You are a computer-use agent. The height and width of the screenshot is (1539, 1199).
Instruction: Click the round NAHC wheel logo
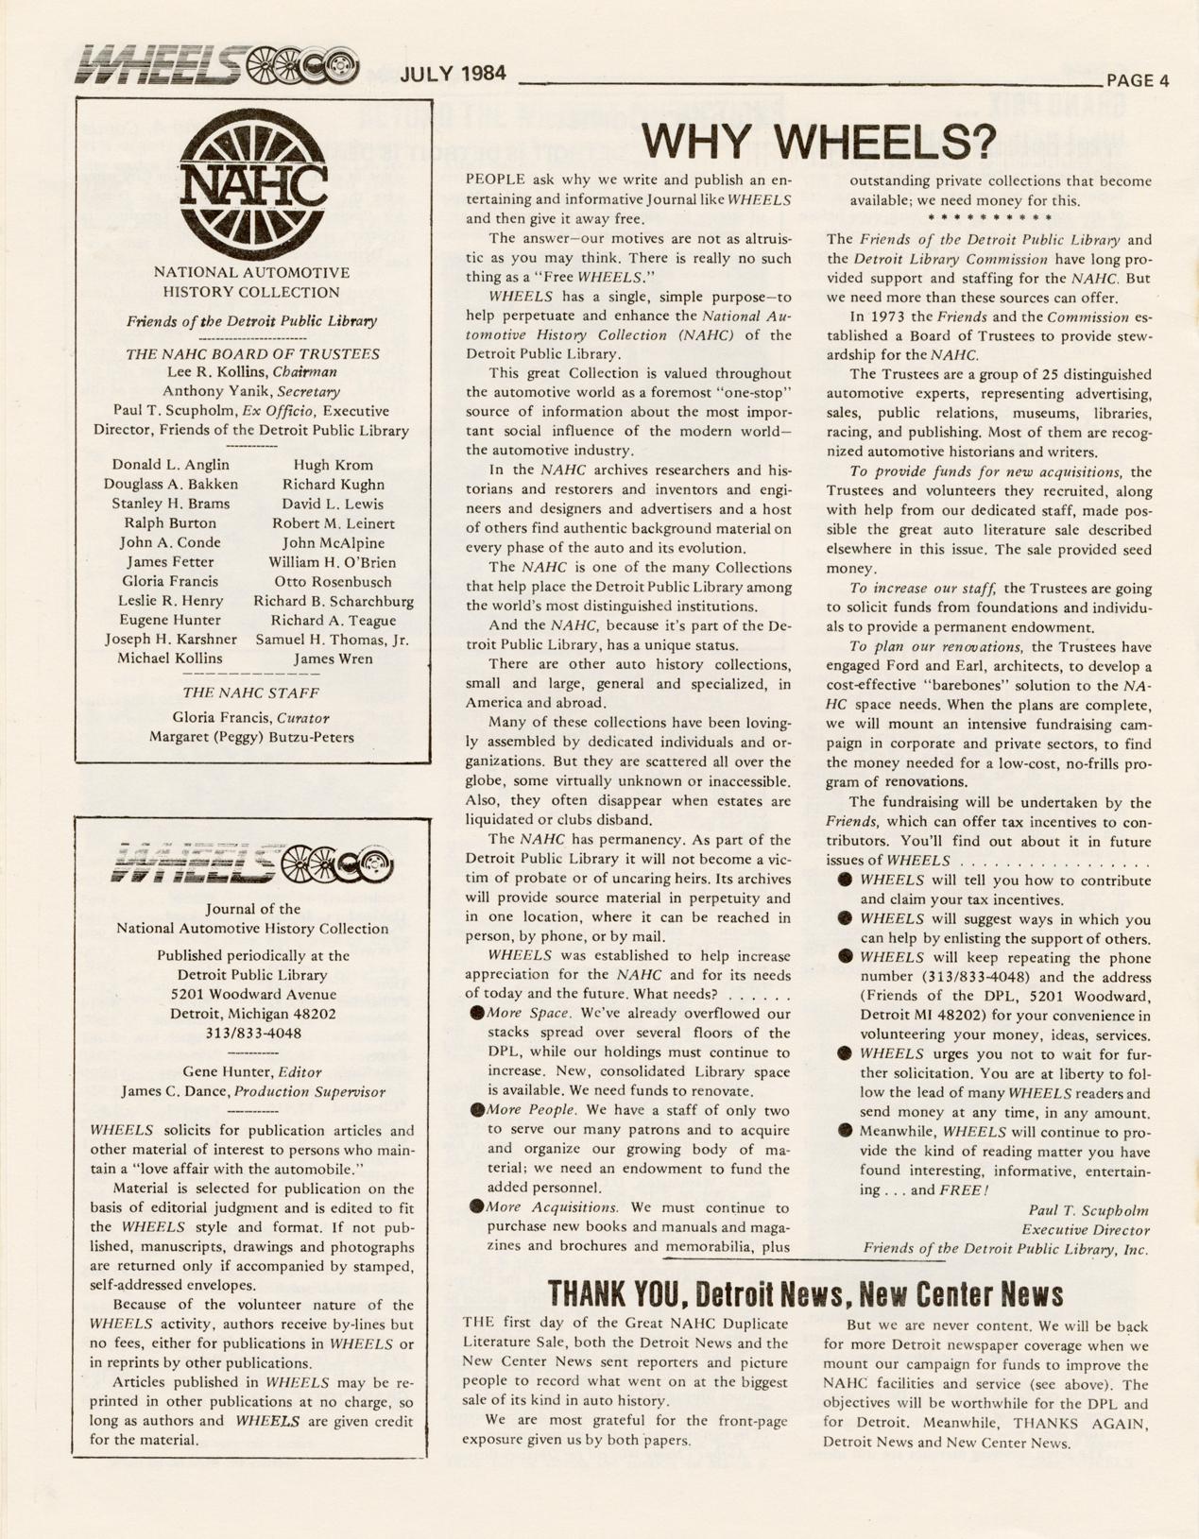coord(252,185)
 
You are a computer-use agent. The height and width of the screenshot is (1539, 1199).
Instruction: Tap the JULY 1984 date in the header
coord(453,74)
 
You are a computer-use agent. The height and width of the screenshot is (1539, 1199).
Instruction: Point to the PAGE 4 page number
coord(1138,80)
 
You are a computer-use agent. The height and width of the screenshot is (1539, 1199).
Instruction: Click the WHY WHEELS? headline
coord(818,142)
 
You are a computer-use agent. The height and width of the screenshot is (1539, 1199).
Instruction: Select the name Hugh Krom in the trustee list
coord(333,465)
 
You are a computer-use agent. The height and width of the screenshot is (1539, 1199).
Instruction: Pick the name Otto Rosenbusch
coord(333,581)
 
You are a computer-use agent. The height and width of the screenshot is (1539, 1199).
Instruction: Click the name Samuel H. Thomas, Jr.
coord(333,640)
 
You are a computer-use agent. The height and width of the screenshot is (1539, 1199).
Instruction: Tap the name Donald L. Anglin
coord(170,465)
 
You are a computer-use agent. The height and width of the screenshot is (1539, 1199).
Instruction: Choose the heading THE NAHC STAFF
coord(250,693)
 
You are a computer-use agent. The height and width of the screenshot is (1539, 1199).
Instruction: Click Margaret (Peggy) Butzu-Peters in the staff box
coord(251,737)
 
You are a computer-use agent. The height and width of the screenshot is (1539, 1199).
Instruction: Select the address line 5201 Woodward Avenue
coord(252,994)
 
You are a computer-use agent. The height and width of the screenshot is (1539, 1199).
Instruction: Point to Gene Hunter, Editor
coord(252,1071)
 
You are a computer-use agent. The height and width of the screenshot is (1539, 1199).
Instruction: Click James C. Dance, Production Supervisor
coord(252,1091)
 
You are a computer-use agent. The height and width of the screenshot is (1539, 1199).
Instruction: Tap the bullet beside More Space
coord(477,1013)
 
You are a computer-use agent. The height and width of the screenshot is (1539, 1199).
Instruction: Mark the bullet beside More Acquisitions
coord(477,1206)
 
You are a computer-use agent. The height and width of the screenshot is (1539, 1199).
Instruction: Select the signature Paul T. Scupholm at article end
coord(1087,1210)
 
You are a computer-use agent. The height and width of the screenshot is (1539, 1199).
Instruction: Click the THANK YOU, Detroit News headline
coord(805,1292)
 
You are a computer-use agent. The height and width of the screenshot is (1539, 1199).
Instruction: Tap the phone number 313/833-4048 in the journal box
coord(252,1033)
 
